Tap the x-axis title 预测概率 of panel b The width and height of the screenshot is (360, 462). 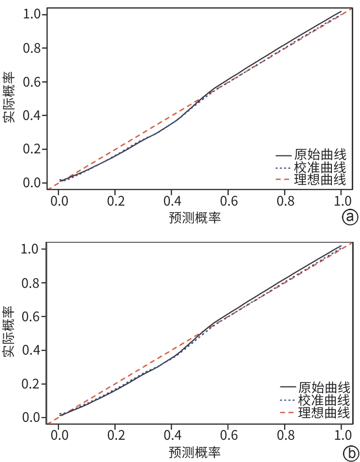pos(195,453)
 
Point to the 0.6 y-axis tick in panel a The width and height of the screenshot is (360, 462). pos(31,82)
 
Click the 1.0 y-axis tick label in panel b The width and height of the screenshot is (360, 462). pos(31,250)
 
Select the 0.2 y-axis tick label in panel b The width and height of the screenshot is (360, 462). pos(31,384)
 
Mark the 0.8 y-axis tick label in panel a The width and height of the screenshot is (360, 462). pos(31,48)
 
